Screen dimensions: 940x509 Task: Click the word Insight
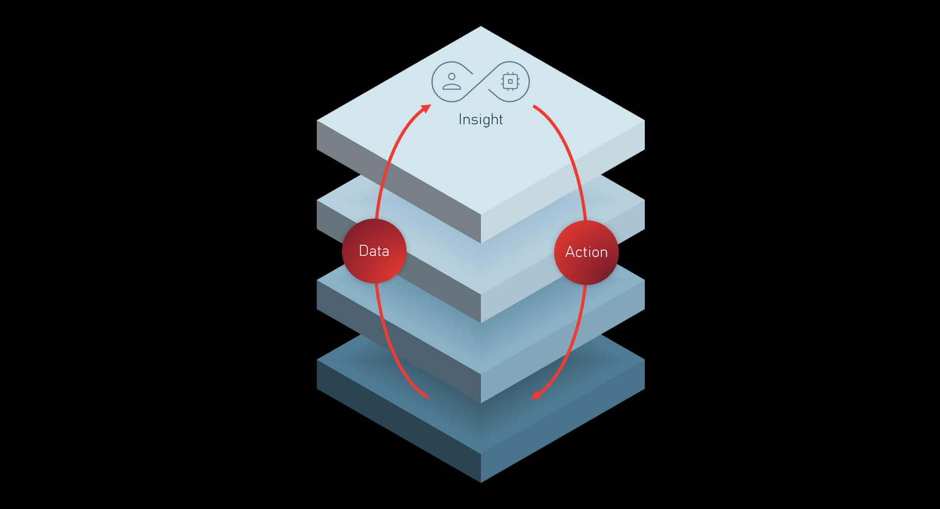point(481,119)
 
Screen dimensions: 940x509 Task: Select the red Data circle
point(374,251)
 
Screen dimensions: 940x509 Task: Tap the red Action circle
point(587,253)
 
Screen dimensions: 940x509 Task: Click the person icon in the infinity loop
point(451,81)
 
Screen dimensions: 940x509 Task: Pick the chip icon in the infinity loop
point(510,81)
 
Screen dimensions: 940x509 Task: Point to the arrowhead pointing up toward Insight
point(426,108)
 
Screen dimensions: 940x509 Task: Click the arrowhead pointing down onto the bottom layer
point(537,394)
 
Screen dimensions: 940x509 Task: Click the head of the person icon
point(451,76)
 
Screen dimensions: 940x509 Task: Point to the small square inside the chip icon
point(510,81)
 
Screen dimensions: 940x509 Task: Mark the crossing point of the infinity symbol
point(481,81)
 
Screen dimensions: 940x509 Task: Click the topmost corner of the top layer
point(481,26)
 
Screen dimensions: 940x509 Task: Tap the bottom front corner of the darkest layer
point(481,483)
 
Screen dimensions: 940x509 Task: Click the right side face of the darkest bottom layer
point(563,421)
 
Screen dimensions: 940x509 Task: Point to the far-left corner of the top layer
point(317,120)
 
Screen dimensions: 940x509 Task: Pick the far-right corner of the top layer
point(644,120)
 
